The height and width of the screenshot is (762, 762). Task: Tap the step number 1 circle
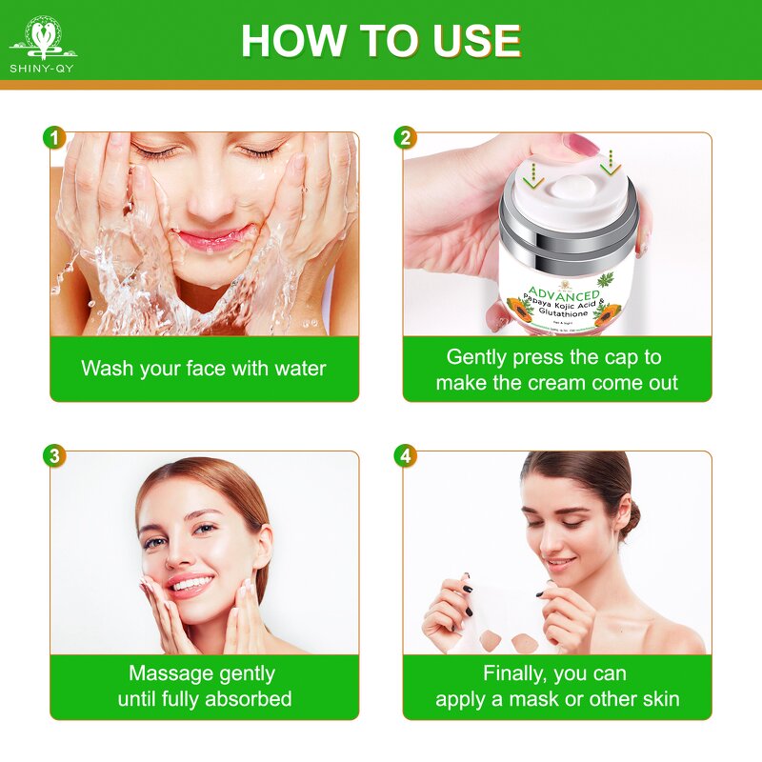54,137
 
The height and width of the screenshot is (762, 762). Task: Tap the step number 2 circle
406,137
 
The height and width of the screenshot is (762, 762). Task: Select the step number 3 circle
54,455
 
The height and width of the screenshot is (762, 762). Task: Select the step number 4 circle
406,455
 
